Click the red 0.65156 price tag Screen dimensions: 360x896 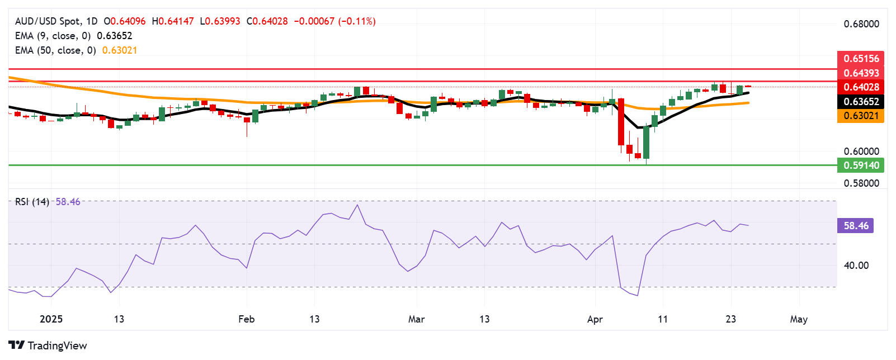861,58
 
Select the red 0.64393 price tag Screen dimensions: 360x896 861,73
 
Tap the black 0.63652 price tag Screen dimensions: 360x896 861,101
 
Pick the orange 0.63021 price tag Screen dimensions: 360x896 861,116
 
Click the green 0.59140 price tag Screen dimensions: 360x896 861,165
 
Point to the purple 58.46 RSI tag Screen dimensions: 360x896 856,226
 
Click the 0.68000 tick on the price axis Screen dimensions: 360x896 861,24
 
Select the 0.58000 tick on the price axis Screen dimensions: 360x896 861,183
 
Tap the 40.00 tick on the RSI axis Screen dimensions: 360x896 856,266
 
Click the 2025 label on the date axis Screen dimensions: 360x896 51,319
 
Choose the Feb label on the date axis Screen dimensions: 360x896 246,319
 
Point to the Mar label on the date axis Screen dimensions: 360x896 416,319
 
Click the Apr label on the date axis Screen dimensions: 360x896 595,319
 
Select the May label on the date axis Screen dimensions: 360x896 798,319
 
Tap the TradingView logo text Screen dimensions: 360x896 57,345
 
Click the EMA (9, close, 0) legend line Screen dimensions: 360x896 73,36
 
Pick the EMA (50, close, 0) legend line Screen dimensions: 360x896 76,50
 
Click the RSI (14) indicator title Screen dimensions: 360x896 32,202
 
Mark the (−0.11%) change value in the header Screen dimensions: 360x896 357,21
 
